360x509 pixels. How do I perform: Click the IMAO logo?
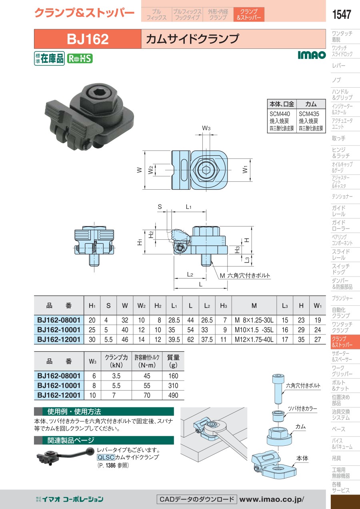pyautogui.click(x=312, y=55)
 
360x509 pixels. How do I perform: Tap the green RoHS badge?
pyautogui.click(x=80, y=59)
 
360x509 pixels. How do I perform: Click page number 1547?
pyautogui.click(x=342, y=14)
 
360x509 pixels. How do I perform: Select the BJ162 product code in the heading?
pyautogui.click(x=88, y=39)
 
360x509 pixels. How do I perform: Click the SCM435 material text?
pyautogui.click(x=309, y=114)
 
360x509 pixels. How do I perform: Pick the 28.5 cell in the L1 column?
pyautogui.click(x=174, y=320)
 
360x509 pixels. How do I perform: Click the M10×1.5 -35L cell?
pyautogui.click(x=254, y=330)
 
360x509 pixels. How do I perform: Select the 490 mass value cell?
pyautogui.click(x=173, y=395)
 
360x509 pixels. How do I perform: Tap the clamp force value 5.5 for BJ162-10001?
pyautogui.click(x=116, y=386)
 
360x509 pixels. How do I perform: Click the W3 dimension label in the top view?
pyautogui.click(x=206, y=128)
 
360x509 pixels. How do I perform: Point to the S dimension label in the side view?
pyautogui.click(x=160, y=207)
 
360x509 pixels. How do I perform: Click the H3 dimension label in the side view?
pyautogui.click(x=237, y=250)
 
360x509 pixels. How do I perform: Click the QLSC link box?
pyautogui.click(x=106, y=457)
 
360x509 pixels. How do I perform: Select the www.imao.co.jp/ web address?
pyautogui.click(x=272, y=499)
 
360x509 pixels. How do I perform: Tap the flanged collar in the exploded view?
pyautogui.click(x=278, y=416)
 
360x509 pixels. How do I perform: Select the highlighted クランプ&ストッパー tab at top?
pyautogui.click(x=249, y=14)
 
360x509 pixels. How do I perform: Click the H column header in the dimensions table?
pyautogui.click(x=301, y=306)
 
